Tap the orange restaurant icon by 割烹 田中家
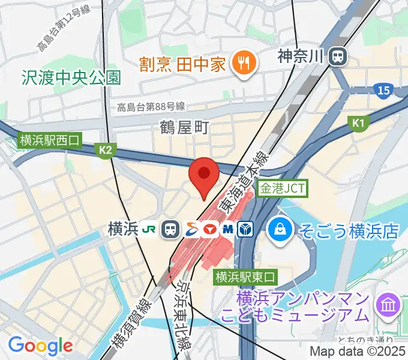tap(244, 63)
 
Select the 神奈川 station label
tap(301, 57)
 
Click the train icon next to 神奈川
tap(339, 57)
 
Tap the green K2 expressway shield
tap(106, 150)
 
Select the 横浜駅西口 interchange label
tap(49, 141)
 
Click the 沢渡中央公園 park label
tap(71, 77)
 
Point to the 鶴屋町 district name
tap(184, 127)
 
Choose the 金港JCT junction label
tap(282, 188)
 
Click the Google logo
tap(40, 346)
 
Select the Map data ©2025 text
tap(358, 352)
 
